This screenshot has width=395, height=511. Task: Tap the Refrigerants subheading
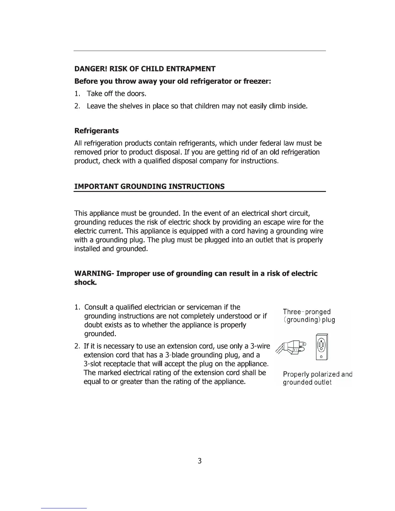(96, 131)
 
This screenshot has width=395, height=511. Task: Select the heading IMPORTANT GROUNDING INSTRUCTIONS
(149, 187)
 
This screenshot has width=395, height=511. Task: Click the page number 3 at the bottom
(199, 461)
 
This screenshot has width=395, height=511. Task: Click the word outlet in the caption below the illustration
(323, 383)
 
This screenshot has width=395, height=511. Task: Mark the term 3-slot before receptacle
(92, 364)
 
